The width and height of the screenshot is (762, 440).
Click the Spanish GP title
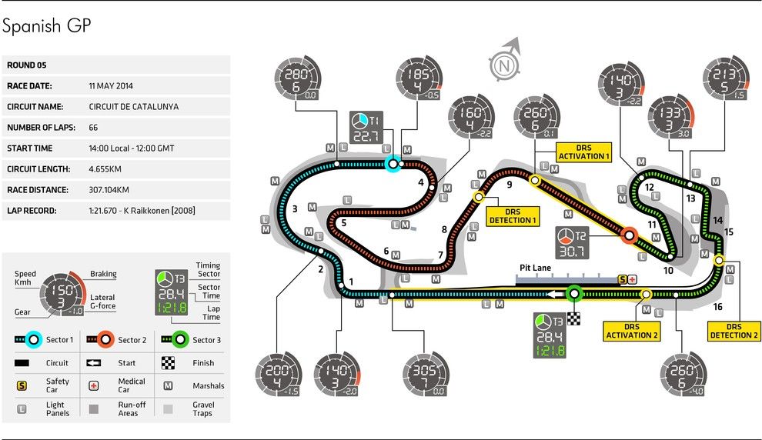[x=47, y=25]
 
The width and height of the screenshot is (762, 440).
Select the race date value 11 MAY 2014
[x=111, y=86]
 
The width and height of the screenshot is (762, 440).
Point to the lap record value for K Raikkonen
[x=142, y=211]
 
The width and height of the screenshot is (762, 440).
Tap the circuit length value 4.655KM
[x=105, y=169]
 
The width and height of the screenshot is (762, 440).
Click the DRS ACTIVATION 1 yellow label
[x=583, y=152]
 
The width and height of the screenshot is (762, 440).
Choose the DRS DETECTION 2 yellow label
[x=734, y=331]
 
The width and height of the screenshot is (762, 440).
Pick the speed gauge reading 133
[x=672, y=118]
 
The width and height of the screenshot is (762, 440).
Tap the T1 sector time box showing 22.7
[x=366, y=128]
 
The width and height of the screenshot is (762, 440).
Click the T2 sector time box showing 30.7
[x=573, y=243]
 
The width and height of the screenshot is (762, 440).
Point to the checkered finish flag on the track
[x=574, y=318]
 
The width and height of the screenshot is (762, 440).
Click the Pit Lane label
[x=535, y=268]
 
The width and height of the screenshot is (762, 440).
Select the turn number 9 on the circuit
[x=510, y=185]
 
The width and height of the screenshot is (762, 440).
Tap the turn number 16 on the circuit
[x=718, y=306]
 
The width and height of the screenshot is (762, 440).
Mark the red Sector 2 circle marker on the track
[x=630, y=236]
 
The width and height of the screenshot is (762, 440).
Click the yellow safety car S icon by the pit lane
[x=623, y=279]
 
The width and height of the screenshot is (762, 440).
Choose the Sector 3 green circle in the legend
[x=180, y=339]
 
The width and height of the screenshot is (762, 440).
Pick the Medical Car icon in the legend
[x=93, y=385]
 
